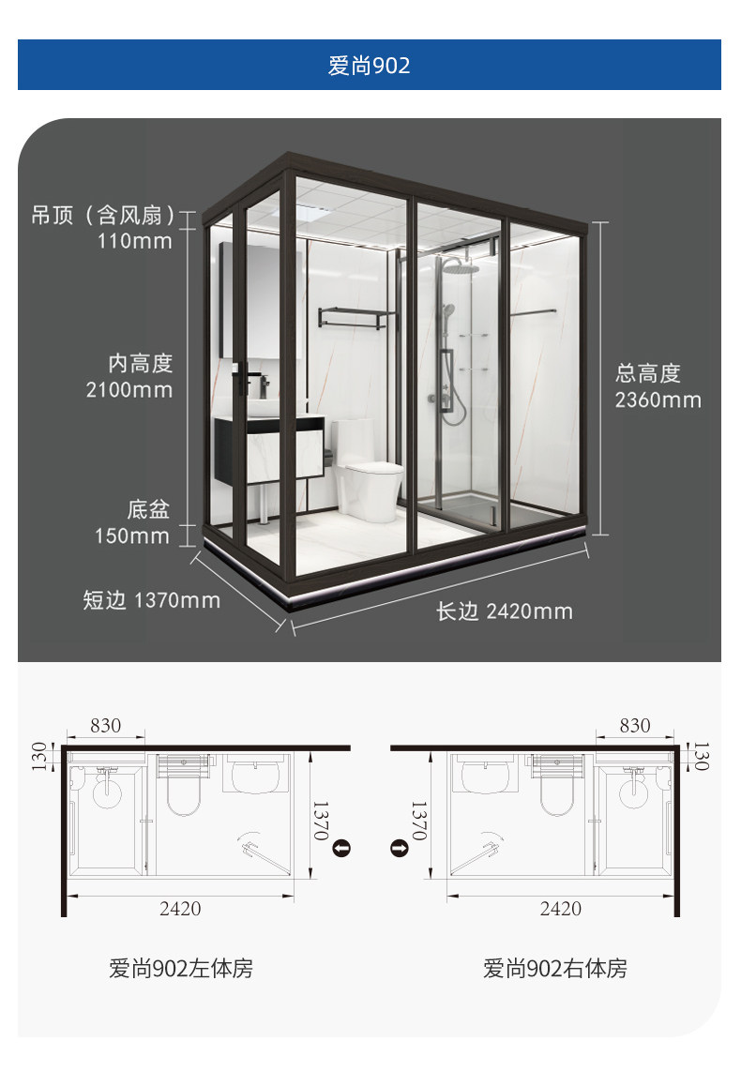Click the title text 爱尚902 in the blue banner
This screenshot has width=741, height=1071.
369,66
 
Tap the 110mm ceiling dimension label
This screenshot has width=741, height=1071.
134,241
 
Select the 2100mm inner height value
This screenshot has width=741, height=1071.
129,390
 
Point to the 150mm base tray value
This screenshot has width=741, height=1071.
132,535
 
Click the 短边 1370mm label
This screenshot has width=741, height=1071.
152,600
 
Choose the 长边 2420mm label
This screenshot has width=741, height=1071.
505,611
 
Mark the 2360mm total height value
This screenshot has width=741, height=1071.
658,400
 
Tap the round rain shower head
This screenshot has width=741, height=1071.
461,265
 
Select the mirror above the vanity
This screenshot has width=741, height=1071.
261,300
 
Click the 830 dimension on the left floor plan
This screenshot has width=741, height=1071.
105,725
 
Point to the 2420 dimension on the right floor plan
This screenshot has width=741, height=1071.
561,909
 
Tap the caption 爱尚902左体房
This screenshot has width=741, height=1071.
181,969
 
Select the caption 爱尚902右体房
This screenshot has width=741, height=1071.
554,969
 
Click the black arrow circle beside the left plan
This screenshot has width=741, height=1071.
341,849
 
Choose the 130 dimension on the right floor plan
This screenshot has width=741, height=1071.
700,757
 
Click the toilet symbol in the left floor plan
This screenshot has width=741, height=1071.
184,786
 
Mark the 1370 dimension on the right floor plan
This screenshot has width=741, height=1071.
418,821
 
